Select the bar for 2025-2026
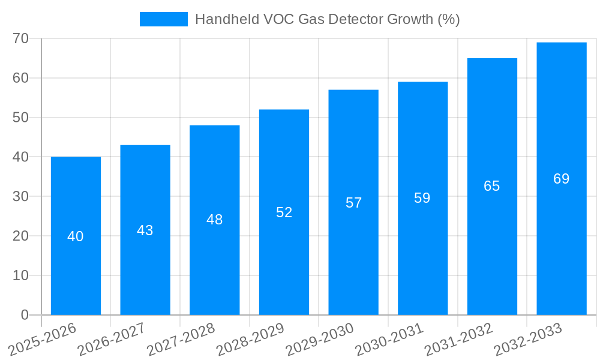point(76,264)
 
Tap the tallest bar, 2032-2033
point(561,240)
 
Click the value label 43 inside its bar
point(145,230)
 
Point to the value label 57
point(353,203)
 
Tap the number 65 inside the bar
point(492,187)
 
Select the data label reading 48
point(214,220)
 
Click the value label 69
point(561,179)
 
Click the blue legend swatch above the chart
point(163,19)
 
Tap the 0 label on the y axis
point(25,315)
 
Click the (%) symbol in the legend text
point(449,19)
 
